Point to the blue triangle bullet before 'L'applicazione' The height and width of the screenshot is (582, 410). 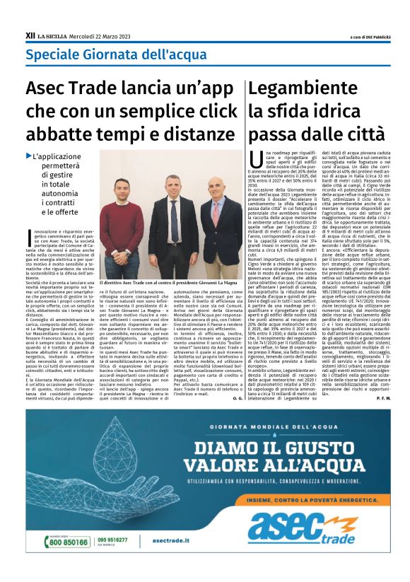click(29, 156)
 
